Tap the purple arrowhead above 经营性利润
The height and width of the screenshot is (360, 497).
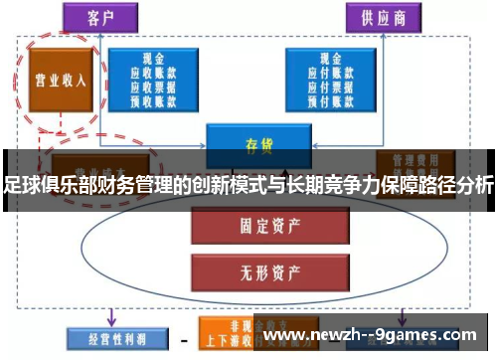[x=111, y=321]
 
